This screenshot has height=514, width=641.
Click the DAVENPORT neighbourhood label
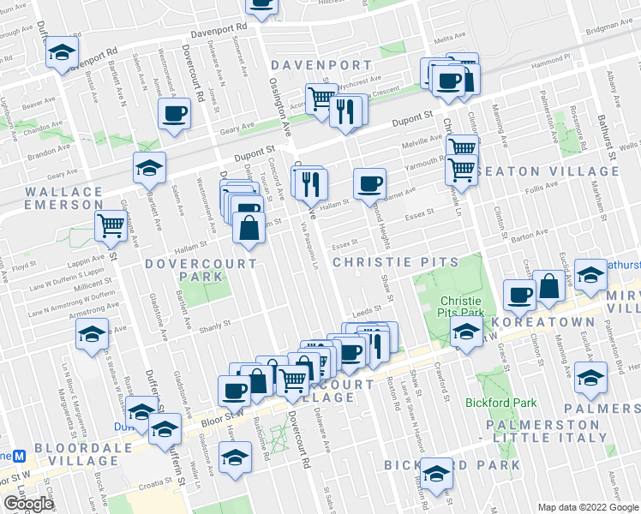[x=321, y=65]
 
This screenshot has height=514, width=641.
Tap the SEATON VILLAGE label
[x=566, y=171]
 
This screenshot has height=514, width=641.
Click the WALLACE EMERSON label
[x=65, y=198]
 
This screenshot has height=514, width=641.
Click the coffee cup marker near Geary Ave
[x=174, y=114]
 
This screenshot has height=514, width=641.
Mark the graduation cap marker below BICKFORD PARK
[x=436, y=474]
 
